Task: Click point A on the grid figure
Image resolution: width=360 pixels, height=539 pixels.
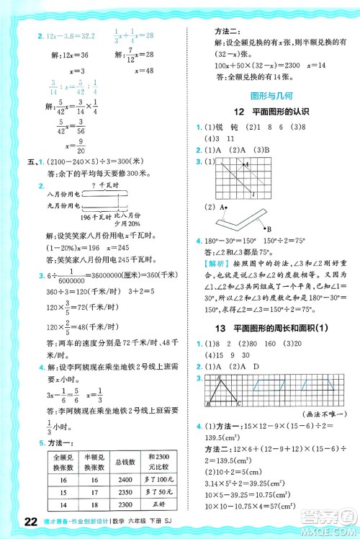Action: [246, 165]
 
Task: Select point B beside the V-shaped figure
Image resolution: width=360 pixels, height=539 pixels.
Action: [228, 227]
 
